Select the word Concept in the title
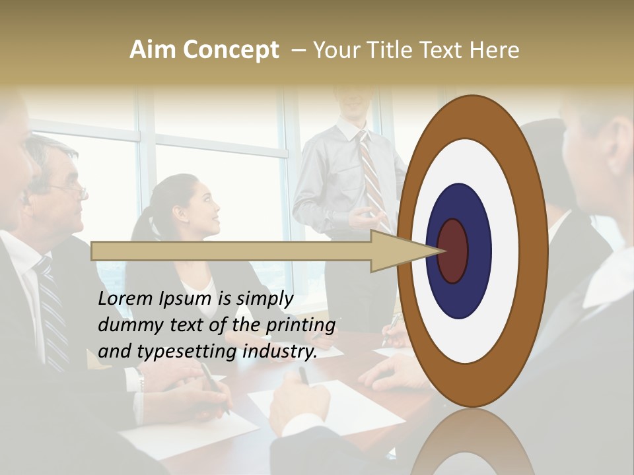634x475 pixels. click(231, 51)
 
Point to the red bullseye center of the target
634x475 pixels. click(454, 251)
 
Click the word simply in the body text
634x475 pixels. click(264, 300)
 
